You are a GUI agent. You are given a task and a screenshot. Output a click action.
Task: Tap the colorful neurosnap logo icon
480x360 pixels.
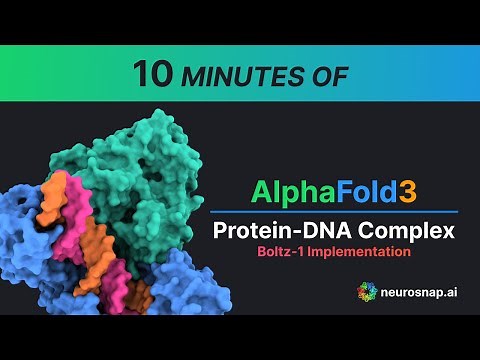tap(368, 291)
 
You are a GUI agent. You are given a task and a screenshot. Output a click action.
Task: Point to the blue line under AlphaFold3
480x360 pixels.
tap(334, 211)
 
